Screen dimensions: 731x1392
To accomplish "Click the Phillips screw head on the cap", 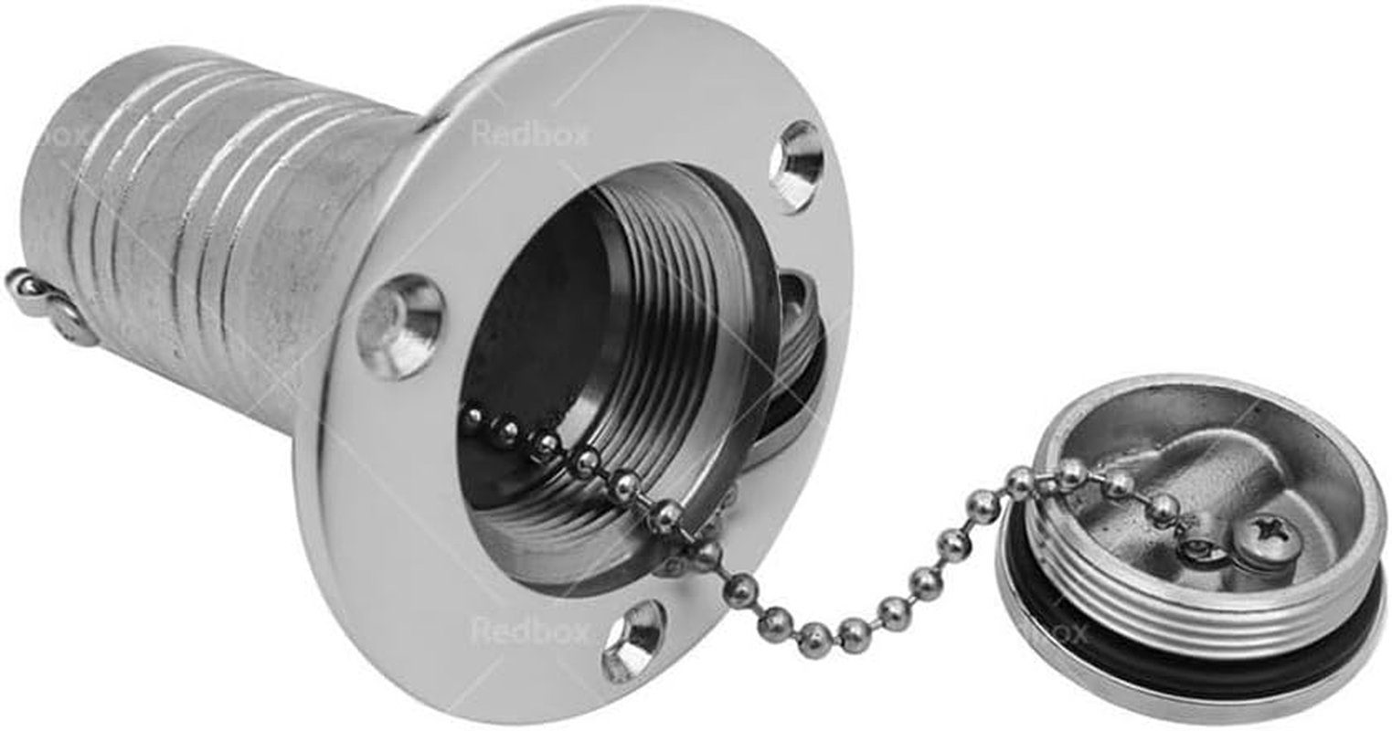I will click(1265, 530).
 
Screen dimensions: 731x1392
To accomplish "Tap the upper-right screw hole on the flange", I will click(796, 165).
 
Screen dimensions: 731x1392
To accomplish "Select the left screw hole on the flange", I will click(399, 325).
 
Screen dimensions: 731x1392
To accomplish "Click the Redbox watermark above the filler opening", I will click(530, 133).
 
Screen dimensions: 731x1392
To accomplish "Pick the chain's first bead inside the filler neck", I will click(472, 417).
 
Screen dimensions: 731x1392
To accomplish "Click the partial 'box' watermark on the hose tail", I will click(64, 137).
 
